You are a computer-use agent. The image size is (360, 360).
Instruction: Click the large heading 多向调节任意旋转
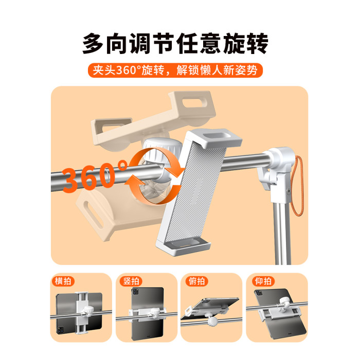[175, 44]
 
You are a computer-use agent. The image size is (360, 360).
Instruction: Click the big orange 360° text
[95, 176]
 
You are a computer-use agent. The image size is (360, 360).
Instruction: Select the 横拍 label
[63, 281]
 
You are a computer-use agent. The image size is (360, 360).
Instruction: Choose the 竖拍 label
[131, 281]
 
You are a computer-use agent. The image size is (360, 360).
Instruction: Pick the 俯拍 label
[196, 281]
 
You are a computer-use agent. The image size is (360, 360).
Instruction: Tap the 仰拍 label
[263, 281]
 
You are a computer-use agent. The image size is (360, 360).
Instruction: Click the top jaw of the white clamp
[214, 137]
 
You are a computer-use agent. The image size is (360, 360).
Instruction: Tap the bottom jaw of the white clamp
[184, 245]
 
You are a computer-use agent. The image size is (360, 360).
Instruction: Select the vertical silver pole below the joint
[281, 233]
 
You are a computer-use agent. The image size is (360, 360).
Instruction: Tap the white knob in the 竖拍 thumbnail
[156, 313]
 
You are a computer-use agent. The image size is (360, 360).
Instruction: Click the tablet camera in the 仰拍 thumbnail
[259, 293]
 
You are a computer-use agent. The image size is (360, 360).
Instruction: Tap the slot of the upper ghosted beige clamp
[194, 103]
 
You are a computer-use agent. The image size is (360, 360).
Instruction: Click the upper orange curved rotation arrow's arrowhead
[178, 171]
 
